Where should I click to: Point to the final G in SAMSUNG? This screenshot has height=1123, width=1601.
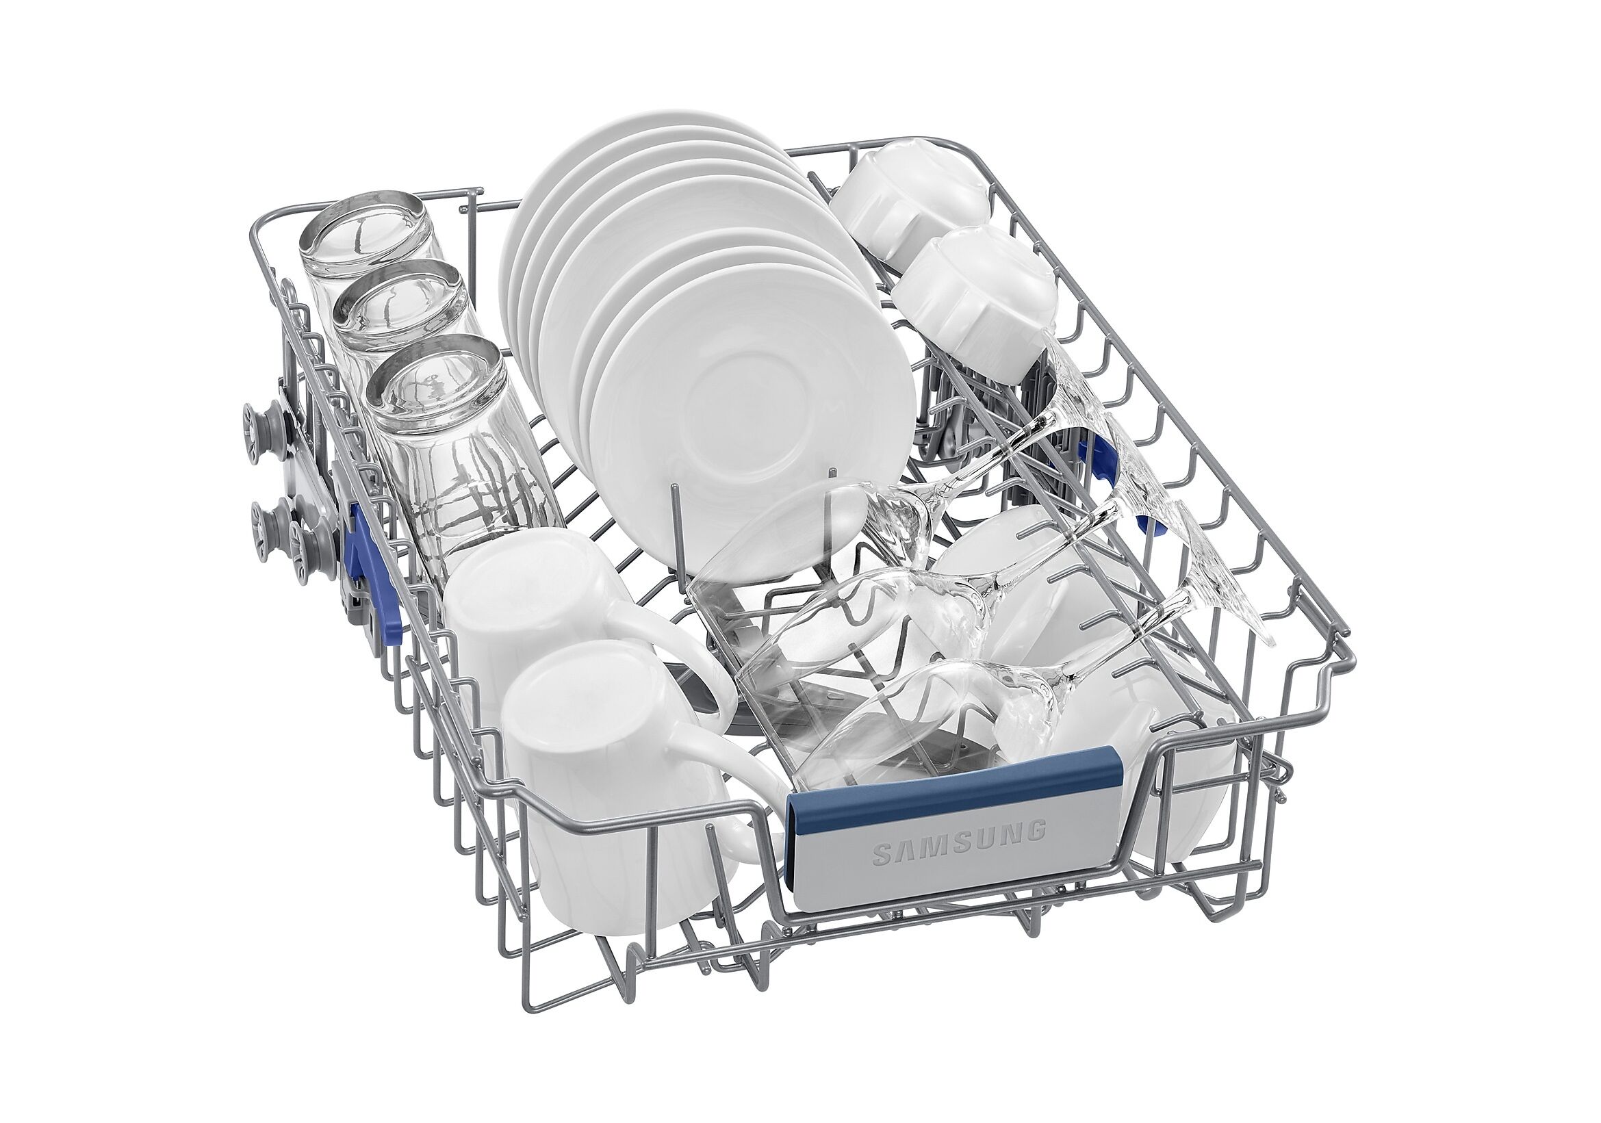(1038, 829)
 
